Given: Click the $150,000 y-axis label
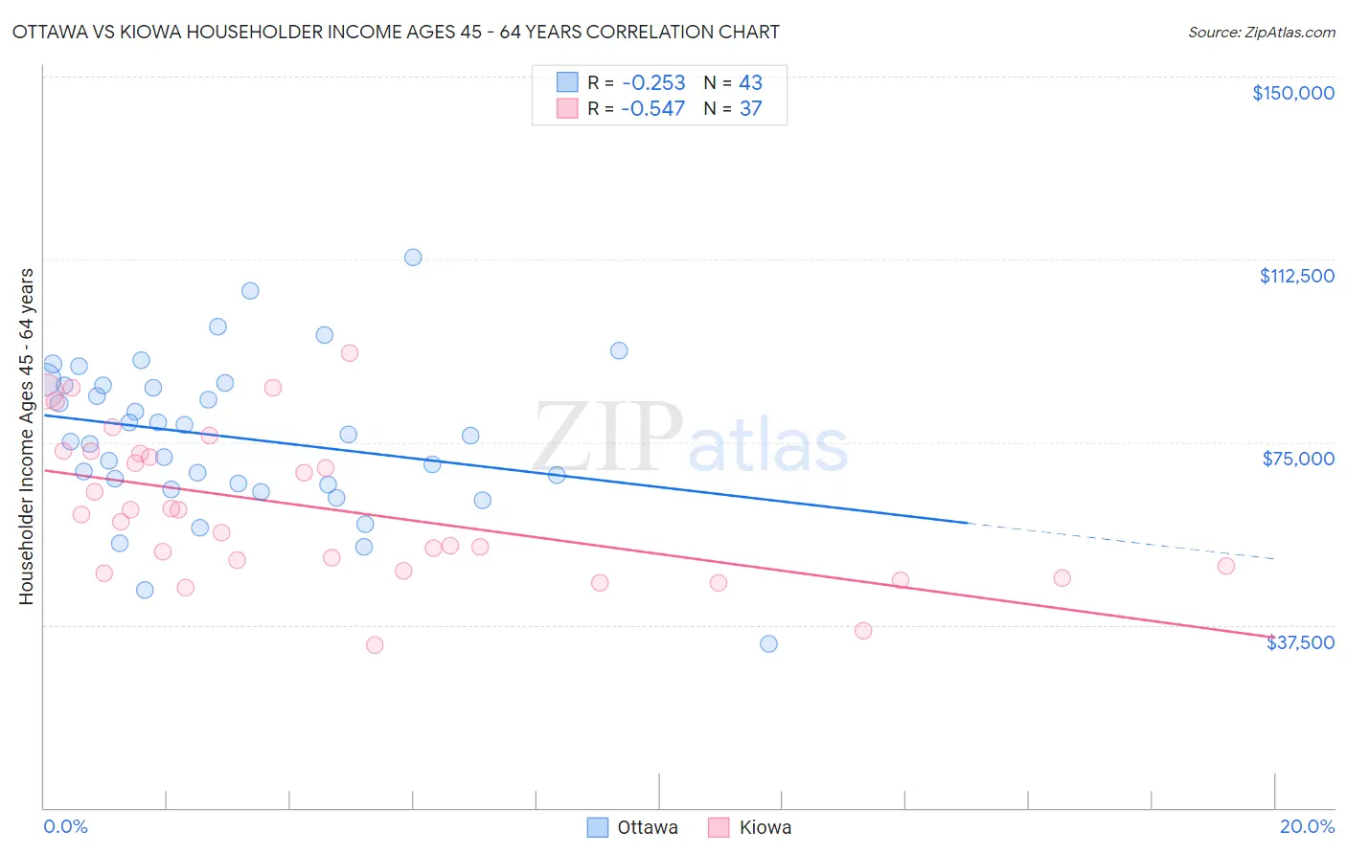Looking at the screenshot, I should (1292, 93).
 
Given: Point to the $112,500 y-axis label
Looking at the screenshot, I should (1296, 276).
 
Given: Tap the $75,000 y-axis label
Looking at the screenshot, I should (1298, 459).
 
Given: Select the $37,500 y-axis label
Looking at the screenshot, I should (1300, 642).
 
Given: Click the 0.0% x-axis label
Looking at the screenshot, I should (65, 826).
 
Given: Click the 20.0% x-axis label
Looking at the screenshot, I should (1307, 826).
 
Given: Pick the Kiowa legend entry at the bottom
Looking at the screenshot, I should (750, 827).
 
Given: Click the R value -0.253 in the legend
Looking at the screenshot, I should (652, 82).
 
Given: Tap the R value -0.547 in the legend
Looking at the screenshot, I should (652, 108).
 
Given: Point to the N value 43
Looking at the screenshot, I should (750, 82).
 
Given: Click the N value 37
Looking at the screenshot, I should (750, 108).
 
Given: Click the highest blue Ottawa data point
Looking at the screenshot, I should (413, 257).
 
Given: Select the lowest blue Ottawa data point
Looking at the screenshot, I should (768, 643).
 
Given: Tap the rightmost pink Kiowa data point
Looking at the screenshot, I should (1226, 566).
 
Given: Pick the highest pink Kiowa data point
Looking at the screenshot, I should (350, 353).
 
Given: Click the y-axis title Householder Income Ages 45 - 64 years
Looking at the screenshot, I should (26, 437).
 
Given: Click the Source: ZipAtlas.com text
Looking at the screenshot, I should (1261, 32).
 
